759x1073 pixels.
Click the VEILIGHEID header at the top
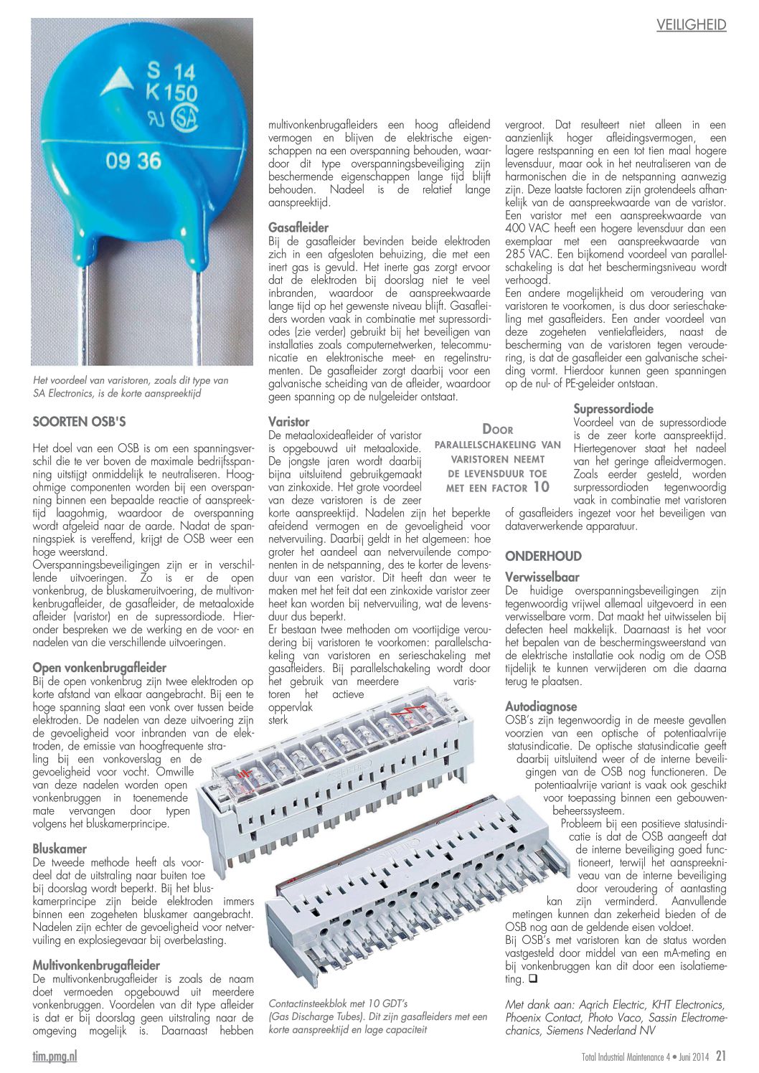click(x=691, y=25)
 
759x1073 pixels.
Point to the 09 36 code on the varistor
click(x=133, y=160)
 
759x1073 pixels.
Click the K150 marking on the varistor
click(x=171, y=93)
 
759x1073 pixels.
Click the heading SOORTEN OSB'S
click(x=79, y=421)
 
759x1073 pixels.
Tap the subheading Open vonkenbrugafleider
click(x=99, y=668)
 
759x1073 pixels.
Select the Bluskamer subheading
click(x=60, y=849)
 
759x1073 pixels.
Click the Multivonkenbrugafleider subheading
click(x=96, y=965)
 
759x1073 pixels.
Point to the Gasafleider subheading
click(x=298, y=228)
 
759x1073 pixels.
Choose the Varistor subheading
click(x=289, y=422)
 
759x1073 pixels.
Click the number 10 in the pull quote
click(x=540, y=487)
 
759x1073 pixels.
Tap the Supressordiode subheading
click(x=613, y=409)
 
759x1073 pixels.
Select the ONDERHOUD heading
click(x=543, y=556)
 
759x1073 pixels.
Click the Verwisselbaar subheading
click(x=542, y=577)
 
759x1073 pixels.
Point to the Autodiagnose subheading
click(x=540, y=706)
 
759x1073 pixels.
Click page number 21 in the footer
click(x=720, y=1056)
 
